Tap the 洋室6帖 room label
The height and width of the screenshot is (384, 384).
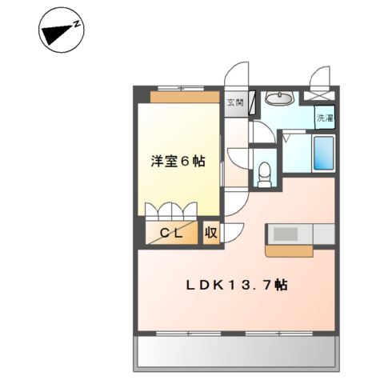coord(178,162)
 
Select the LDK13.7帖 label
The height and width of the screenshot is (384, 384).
coord(237,286)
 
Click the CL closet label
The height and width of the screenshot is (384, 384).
coord(171,234)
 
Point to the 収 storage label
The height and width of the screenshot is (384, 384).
coord(211,233)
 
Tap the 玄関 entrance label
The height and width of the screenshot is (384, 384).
coord(235,103)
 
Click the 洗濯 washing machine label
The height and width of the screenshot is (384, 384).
coord(325,118)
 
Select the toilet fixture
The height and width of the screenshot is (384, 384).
coord(265,174)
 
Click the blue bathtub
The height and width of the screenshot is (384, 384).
coord(324,153)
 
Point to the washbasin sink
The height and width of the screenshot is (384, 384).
coord(279,98)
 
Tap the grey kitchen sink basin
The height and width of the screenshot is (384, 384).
coord(286,234)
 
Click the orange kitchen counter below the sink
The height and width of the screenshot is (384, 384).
coord(289,251)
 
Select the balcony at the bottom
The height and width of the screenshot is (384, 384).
coord(236,351)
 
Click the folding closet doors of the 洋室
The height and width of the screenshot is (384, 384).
coord(171,211)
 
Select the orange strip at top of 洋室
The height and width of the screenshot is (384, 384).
coord(185,97)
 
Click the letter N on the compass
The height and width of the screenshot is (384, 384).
coord(77,25)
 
